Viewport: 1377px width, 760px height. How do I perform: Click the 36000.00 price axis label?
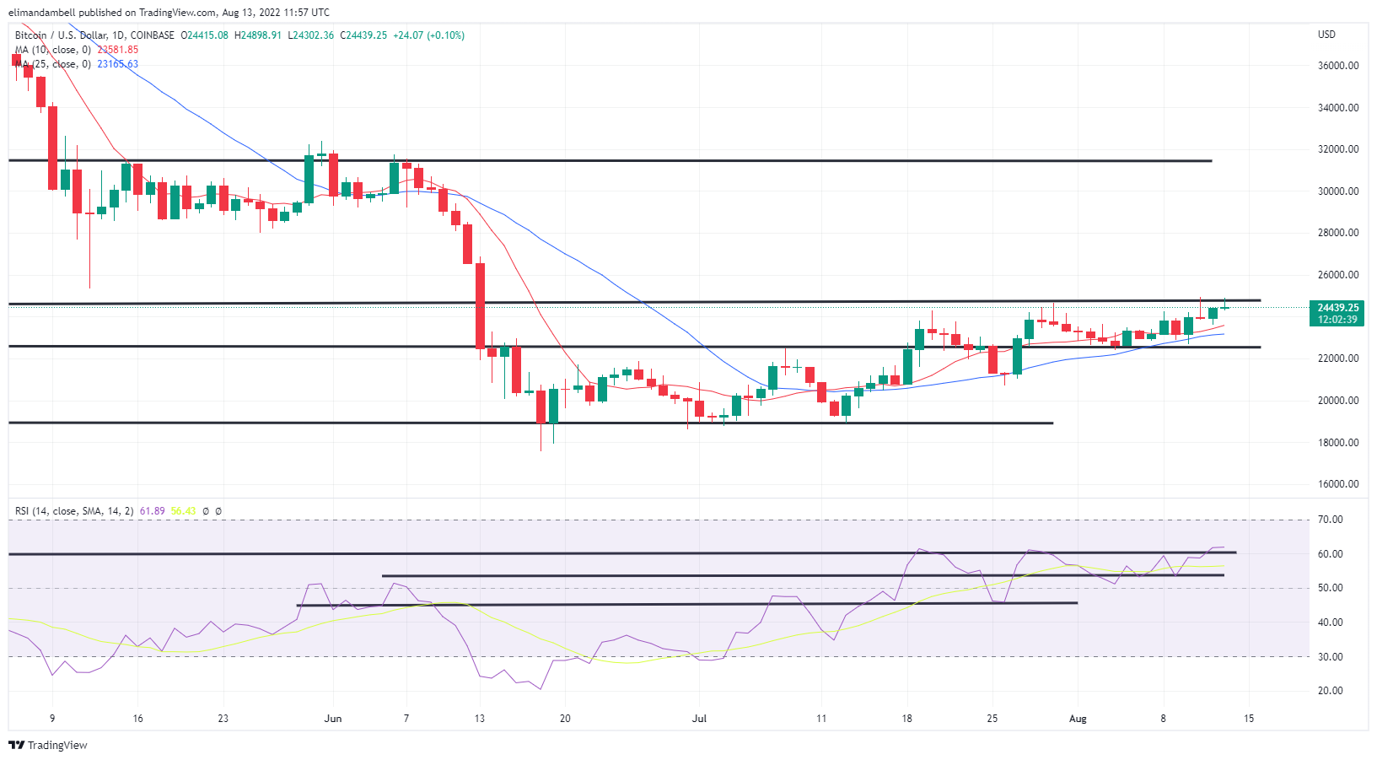click(1338, 66)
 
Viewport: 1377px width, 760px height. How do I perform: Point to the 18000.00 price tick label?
click(1338, 443)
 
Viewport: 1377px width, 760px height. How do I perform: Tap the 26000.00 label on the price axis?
click(1338, 275)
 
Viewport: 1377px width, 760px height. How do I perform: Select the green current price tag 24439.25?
click(1337, 308)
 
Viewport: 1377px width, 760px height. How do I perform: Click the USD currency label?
click(1326, 35)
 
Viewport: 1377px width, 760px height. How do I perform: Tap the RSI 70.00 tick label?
click(1330, 520)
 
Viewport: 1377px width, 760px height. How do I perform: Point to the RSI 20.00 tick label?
click(1330, 691)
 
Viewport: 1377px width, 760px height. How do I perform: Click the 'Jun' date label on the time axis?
click(333, 719)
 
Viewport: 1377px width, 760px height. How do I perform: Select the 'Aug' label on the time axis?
click(1078, 719)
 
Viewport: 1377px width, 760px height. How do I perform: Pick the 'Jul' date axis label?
click(699, 719)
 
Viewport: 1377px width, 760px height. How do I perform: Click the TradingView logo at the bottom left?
click(48, 746)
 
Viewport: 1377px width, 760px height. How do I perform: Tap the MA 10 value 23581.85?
click(118, 50)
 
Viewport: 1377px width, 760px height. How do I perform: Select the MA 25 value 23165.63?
click(118, 64)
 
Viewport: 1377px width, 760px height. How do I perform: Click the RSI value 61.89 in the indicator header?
click(153, 511)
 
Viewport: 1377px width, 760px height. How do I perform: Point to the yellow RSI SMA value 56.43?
click(183, 511)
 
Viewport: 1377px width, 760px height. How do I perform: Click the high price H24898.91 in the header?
click(258, 35)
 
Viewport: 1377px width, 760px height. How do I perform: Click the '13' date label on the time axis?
click(480, 719)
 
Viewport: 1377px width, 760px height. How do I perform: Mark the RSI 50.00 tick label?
click(1330, 588)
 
